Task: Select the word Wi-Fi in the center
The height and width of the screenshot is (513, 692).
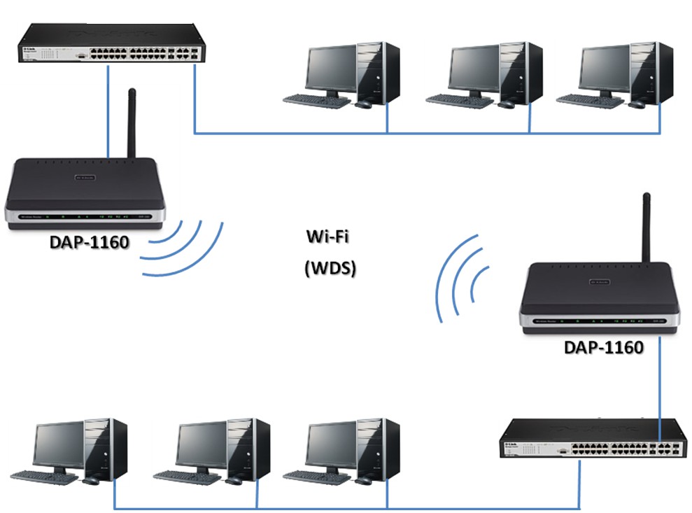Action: click(x=327, y=237)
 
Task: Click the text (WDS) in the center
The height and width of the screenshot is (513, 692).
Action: click(x=330, y=268)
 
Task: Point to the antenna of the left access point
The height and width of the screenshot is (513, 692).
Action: click(x=130, y=122)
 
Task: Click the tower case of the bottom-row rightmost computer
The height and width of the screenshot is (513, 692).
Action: click(x=378, y=448)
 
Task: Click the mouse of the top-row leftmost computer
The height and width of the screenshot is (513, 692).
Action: click(x=363, y=104)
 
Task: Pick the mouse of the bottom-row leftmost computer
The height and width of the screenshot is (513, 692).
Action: click(x=91, y=481)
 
